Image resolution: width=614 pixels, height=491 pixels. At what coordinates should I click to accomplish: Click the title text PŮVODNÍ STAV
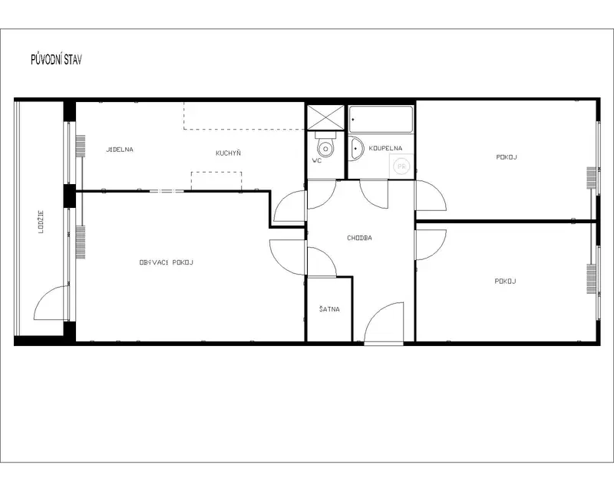[x=56, y=60]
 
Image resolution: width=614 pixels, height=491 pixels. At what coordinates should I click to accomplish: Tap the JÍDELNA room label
[x=120, y=150]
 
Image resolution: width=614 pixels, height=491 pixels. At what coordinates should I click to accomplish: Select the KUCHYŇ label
[x=228, y=153]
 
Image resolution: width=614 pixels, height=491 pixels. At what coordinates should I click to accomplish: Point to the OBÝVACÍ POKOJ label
[x=167, y=262]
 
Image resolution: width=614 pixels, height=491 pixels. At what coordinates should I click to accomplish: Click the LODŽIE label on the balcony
[x=41, y=222]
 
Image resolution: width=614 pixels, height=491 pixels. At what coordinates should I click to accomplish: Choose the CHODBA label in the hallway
[x=359, y=238]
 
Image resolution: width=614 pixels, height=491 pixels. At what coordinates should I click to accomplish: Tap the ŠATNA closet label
[x=329, y=309]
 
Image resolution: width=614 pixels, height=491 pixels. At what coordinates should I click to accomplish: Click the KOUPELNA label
[x=385, y=148]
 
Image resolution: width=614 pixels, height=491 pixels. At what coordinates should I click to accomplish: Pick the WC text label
[x=317, y=160]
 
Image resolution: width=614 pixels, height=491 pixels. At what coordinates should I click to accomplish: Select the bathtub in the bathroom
[x=381, y=120]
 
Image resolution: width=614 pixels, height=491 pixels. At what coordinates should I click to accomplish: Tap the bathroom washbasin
[x=355, y=149]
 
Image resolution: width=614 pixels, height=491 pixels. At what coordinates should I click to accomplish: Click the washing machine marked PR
[x=401, y=166]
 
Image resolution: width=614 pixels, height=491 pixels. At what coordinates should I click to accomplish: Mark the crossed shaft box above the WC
[x=325, y=117]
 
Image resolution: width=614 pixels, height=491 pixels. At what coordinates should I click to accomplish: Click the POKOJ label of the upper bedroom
[x=507, y=157]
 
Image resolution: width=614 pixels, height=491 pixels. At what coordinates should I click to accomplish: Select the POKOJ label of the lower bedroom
[x=505, y=281]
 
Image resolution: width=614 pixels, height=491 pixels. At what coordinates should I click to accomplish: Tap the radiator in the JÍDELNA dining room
[x=81, y=146]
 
